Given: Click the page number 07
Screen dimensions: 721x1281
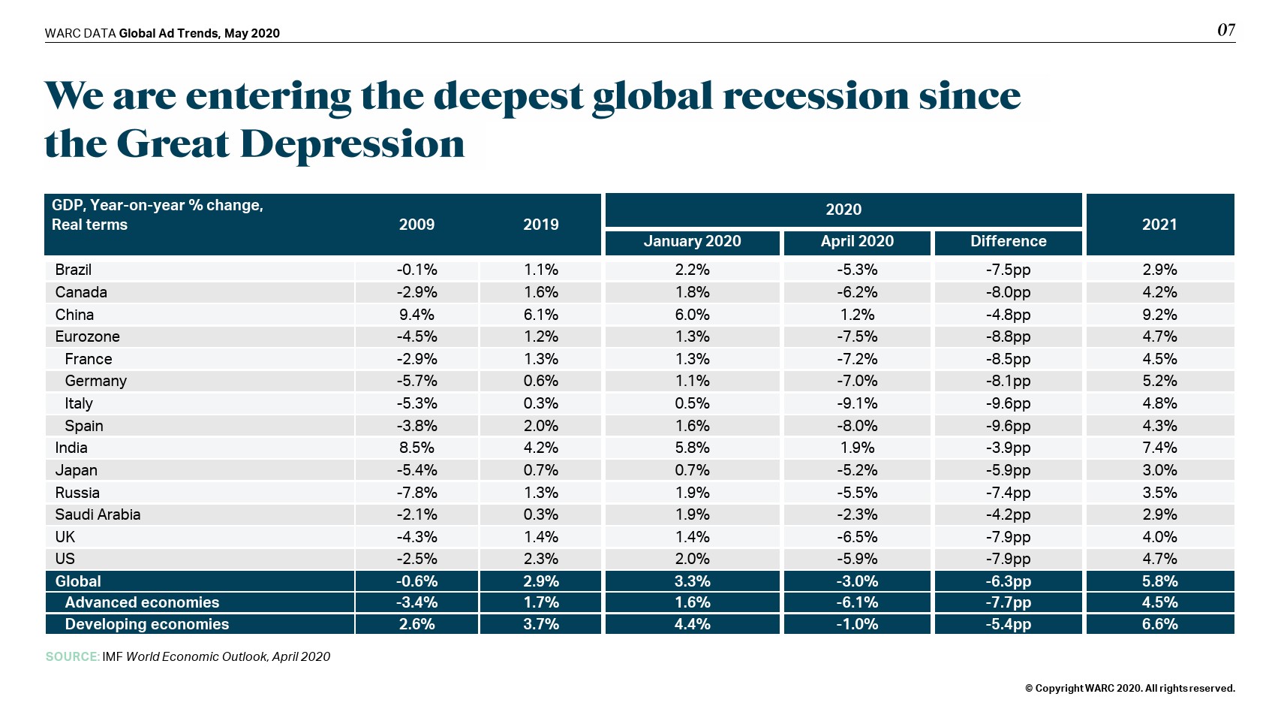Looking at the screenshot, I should pyautogui.click(x=1225, y=30).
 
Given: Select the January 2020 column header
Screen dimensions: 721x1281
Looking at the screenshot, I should pyautogui.click(x=692, y=241).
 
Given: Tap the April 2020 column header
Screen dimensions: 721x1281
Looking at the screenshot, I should pyautogui.click(x=857, y=241).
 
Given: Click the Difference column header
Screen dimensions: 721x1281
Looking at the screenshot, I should pyautogui.click(x=1008, y=241).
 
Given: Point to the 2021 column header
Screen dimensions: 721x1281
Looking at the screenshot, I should pyautogui.click(x=1159, y=225).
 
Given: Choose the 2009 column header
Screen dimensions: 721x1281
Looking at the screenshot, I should pyautogui.click(x=416, y=225).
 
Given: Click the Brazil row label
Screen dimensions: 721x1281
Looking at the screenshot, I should pyautogui.click(x=74, y=270).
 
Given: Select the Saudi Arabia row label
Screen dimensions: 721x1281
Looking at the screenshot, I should pyautogui.click(x=98, y=514).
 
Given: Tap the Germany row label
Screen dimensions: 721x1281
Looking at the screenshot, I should pyautogui.click(x=95, y=381).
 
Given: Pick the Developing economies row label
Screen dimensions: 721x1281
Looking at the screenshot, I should pyautogui.click(x=146, y=624).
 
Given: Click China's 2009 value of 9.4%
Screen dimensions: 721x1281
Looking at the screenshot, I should pyautogui.click(x=416, y=315).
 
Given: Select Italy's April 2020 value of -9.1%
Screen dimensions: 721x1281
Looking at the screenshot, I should pyautogui.click(x=857, y=403).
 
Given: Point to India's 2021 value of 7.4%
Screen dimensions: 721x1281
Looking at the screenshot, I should pyautogui.click(x=1159, y=448).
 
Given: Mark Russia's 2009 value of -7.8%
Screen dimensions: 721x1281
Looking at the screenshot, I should pyautogui.click(x=416, y=493).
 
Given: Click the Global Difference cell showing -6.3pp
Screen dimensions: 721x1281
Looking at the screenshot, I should pyautogui.click(x=1008, y=581).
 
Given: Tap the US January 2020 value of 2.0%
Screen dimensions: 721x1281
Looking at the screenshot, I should pyautogui.click(x=692, y=559).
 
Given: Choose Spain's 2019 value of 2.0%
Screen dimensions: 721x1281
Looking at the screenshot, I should pyautogui.click(x=540, y=426).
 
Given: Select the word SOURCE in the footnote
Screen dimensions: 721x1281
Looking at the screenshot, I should pyautogui.click(x=72, y=656).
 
